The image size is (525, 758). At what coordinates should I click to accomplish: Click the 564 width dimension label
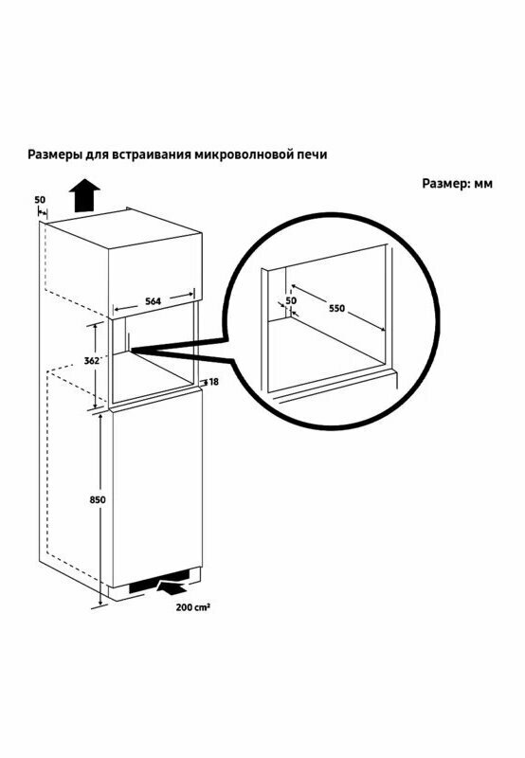(x=153, y=301)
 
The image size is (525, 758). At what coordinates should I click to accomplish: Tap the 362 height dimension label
(x=91, y=361)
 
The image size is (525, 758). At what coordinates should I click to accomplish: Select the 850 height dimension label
(x=98, y=500)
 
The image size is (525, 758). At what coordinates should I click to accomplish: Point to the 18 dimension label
(x=214, y=382)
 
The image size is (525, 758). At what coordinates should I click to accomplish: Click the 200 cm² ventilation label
(x=192, y=607)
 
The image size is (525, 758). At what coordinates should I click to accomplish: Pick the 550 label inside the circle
(x=337, y=308)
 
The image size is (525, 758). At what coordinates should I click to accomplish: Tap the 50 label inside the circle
(x=291, y=300)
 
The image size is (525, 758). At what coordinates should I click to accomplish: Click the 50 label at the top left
(x=40, y=200)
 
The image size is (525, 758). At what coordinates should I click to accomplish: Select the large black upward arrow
(x=84, y=195)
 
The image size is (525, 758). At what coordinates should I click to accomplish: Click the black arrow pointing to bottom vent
(x=172, y=587)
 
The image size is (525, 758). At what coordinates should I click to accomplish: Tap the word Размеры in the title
(x=55, y=154)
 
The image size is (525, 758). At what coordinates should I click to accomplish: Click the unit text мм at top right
(x=483, y=185)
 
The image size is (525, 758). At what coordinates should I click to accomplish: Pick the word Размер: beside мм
(x=446, y=185)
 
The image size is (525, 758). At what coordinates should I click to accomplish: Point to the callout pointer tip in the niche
(x=131, y=349)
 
